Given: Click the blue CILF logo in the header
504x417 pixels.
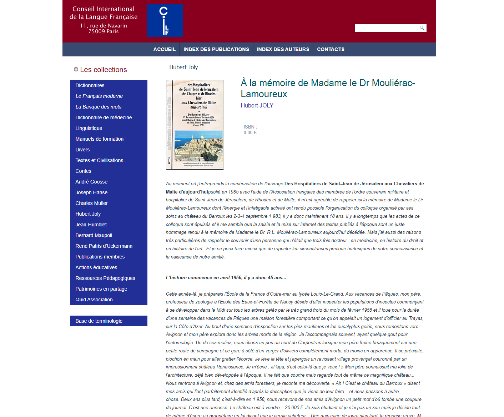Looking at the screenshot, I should point(165,20).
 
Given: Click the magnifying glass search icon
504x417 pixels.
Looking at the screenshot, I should point(422,28).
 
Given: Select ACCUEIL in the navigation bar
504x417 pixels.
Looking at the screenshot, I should point(164,49).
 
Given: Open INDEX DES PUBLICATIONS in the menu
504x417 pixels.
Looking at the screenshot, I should point(216,49).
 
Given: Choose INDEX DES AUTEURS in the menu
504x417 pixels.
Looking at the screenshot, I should point(283,49).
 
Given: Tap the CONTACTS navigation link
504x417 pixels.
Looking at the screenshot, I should point(331,49).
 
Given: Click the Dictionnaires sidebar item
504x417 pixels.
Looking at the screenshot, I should point(90,85).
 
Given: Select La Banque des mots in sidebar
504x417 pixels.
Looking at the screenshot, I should point(99,107).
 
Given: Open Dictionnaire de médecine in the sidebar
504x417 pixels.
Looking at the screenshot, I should point(104,117).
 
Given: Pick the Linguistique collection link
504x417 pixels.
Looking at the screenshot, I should point(89,128).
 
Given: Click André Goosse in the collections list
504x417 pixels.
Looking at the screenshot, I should point(91,182).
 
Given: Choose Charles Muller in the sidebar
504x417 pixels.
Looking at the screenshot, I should point(91,203).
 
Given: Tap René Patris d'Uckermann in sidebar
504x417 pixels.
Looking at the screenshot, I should point(104,246).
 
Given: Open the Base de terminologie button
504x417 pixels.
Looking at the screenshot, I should point(99,321).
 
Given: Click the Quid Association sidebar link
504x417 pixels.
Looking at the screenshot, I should point(94,300).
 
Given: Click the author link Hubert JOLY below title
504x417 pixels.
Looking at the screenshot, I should point(257,105).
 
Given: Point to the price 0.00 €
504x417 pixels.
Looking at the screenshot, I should point(250,133).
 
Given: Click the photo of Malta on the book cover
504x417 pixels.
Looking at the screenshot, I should point(198,146).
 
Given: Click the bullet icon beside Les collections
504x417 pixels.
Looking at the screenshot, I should point(76,69).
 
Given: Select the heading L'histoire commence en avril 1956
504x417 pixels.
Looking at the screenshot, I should point(226,278).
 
